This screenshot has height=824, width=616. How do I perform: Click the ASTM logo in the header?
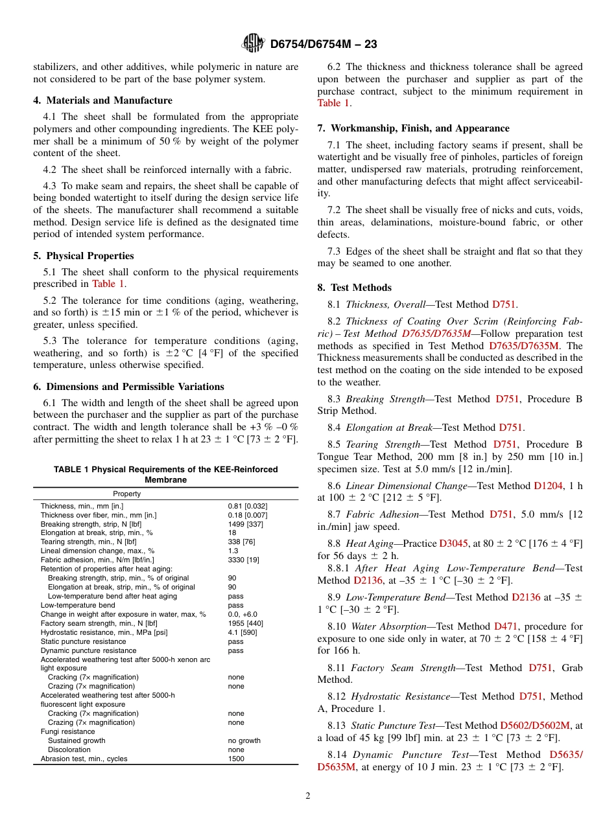tap(252, 43)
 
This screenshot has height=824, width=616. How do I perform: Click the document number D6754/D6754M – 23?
tap(324, 44)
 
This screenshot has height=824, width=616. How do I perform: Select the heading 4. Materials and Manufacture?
tap(103, 100)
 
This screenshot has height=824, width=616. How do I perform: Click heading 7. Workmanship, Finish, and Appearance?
tap(413, 128)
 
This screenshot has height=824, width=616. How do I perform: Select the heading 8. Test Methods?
tap(355, 288)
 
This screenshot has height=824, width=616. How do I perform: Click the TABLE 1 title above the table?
tap(165, 474)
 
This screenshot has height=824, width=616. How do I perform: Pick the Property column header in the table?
tap(127, 494)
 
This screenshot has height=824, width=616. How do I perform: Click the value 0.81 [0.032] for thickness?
tap(247, 506)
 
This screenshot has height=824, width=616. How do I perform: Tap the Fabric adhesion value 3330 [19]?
tap(243, 560)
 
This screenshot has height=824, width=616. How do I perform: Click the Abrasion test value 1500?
tap(236, 759)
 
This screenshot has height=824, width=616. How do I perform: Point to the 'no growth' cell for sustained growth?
tap(244, 740)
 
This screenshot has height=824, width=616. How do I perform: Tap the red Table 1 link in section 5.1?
tap(108, 284)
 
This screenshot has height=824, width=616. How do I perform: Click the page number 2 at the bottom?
tap(308, 796)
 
